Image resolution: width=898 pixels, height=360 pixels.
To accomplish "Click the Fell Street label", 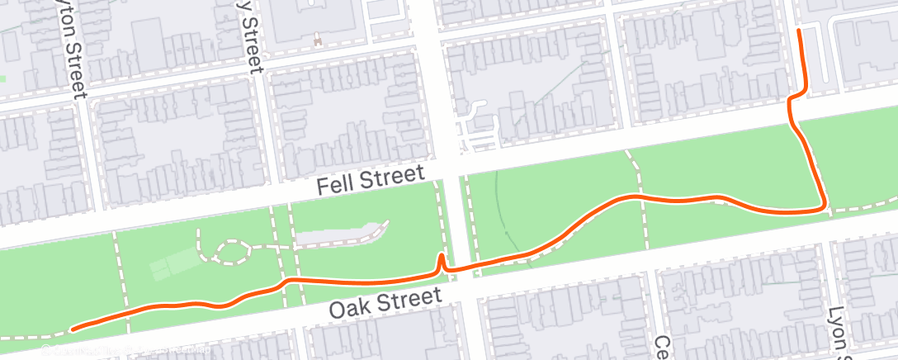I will pyautogui.click(x=371, y=180).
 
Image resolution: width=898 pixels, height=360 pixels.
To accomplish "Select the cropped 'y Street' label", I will pyautogui.click(x=249, y=37).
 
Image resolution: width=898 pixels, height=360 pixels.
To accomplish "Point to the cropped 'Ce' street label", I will pyautogui.click(x=662, y=346).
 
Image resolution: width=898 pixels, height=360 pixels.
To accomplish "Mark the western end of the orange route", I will pyautogui.click(x=73, y=329).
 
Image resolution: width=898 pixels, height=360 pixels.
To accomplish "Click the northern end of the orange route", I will pyautogui.click(x=799, y=31).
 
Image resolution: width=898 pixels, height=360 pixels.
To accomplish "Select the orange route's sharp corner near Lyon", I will pyautogui.click(x=824, y=206).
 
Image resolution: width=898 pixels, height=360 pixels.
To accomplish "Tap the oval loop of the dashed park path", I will pyautogui.click(x=230, y=252).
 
